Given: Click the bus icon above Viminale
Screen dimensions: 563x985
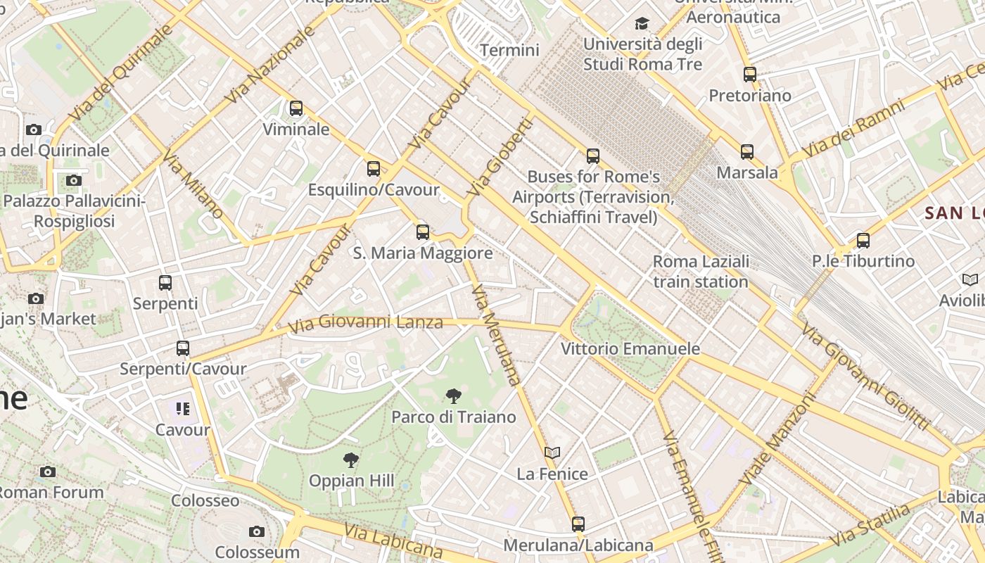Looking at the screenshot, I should click(296, 108).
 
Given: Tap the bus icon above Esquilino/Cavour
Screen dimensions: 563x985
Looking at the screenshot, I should click(374, 169).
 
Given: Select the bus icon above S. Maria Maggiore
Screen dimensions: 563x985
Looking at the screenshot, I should click(423, 232).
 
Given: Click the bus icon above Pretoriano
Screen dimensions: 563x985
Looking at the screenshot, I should click(750, 74).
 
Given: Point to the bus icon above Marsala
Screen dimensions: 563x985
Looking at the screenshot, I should click(747, 151).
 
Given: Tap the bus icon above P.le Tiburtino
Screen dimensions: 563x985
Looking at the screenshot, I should click(863, 240).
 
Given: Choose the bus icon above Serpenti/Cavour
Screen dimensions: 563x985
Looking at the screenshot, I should click(183, 348).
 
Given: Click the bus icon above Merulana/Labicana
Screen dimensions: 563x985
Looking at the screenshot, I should click(578, 524).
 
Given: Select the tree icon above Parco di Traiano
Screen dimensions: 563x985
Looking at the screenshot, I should click(454, 396).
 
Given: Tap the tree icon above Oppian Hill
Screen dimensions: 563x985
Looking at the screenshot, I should click(351, 460).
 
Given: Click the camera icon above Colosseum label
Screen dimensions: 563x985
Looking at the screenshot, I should click(257, 531).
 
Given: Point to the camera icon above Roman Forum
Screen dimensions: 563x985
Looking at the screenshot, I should click(48, 472).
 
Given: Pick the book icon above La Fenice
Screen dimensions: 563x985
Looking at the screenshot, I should click(552, 453).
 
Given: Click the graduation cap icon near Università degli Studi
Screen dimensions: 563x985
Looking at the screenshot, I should click(642, 24).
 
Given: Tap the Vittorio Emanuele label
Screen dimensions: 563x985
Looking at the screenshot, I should click(630, 348).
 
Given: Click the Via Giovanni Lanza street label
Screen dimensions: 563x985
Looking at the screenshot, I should click(366, 323).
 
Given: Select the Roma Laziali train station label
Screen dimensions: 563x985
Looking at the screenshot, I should click(701, 272).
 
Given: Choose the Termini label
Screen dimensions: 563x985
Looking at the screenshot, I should click(509, 50).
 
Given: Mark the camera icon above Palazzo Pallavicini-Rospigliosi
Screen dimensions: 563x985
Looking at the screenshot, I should click(74, 180).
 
